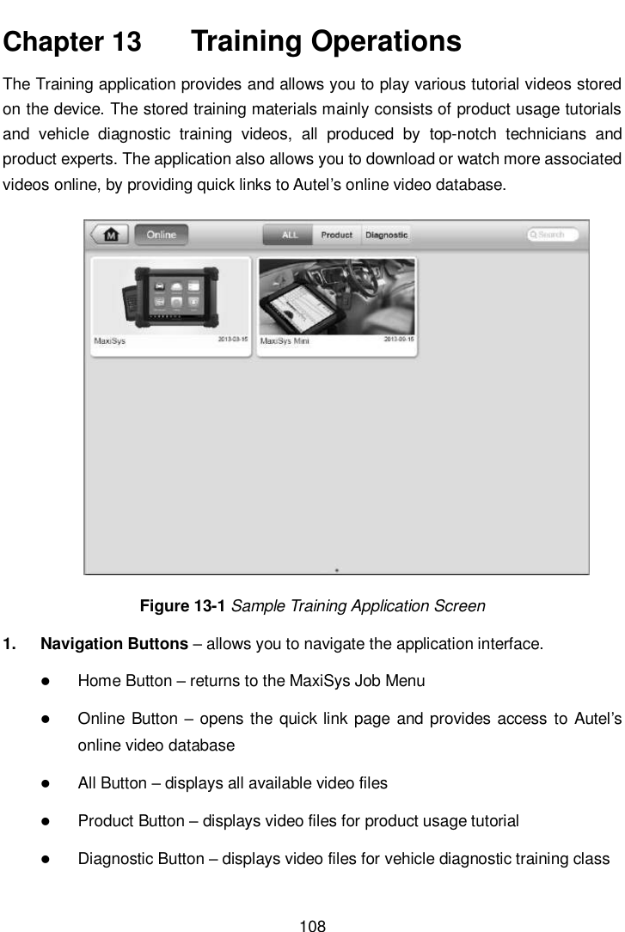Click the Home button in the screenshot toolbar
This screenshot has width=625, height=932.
[x=109, y=235]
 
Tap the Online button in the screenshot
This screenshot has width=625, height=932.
[x=161, y=235]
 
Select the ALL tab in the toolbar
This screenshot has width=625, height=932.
[x=290, y=235]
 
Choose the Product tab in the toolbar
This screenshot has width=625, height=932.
[x=336, y=235]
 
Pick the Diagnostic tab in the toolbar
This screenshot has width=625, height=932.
[x=386, y=235]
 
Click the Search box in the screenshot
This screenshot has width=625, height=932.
[x=557, y=235]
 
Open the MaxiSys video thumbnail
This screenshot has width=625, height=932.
[x=170, y=297]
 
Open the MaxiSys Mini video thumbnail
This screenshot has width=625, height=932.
[x=336, y=297]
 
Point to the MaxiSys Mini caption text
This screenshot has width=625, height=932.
[x=285, y=341]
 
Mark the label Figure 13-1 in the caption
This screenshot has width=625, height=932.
[x=182, y=606]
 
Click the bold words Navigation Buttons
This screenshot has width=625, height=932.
[x=114, y=644]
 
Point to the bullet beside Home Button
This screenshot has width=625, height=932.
[x=44, y=682]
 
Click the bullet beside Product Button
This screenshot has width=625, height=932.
[x=44, y=821]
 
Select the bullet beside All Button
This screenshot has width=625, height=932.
[x=44, y=783]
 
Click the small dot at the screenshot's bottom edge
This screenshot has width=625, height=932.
[x=336, y=569]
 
